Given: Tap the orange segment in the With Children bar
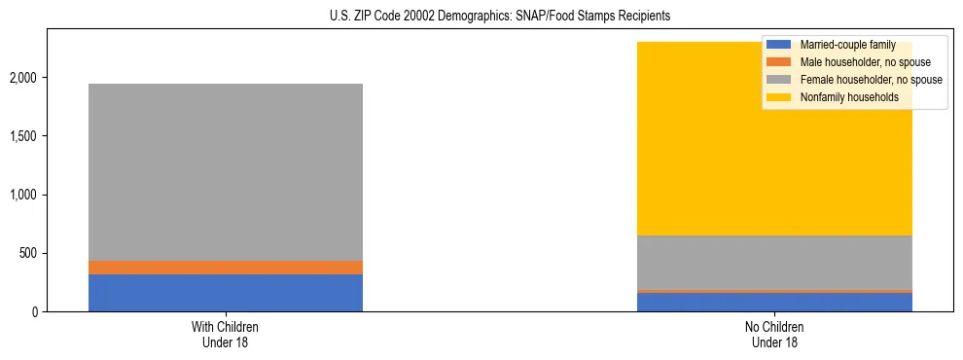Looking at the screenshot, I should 225,268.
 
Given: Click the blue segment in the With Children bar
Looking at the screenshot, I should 225,293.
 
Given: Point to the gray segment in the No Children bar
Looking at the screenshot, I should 774,263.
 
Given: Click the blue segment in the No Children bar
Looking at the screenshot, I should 774,302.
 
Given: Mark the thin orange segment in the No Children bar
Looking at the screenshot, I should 774,291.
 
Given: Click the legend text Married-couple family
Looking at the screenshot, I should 847,45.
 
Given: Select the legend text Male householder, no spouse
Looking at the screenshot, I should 865,62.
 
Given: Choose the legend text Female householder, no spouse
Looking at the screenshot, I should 871,80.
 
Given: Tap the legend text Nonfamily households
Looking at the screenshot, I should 849,97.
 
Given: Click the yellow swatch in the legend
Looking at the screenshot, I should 779,97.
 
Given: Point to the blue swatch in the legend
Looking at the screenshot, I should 779,45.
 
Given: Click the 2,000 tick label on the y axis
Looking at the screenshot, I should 24,78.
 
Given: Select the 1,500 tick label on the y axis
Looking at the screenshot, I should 24,136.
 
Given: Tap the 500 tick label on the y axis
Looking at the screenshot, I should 29,254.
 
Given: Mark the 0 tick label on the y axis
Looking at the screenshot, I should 35,312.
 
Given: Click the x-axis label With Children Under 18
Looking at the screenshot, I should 225,335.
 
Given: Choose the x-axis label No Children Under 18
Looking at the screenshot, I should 774,335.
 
